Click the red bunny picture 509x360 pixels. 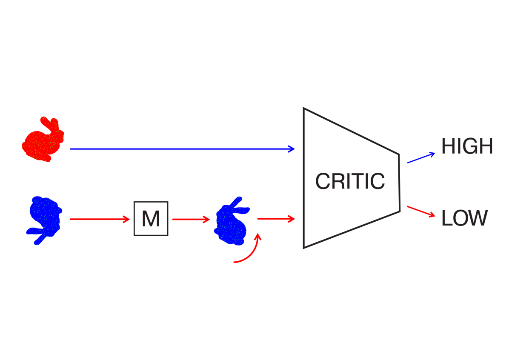(43, 139)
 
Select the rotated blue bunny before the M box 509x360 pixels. (43, 220)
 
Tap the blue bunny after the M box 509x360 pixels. (232, 220)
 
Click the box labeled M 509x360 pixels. (151, 219)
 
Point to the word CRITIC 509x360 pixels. (350, 182)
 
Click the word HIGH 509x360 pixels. (467, 147)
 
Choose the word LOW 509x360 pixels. (464, 218)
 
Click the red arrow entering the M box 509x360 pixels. (100, 219)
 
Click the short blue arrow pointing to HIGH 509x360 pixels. (421, 157)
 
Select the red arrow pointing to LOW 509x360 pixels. (421, 211)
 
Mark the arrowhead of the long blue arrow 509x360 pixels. (292, 149)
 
